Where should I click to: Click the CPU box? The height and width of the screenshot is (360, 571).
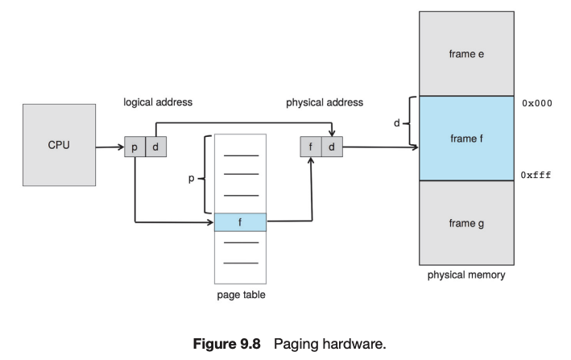[59, 146]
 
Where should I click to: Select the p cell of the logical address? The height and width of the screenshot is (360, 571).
[134, 148]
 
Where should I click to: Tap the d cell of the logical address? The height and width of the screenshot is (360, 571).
[155, 148]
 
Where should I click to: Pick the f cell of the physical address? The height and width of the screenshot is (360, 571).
[310, 147]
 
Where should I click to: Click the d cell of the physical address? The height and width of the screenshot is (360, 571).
[330, 147]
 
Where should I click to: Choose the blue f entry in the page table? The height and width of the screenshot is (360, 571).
[240, 221]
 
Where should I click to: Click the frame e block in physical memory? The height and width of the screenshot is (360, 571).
[466, 54]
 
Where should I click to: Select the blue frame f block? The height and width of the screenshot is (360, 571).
[466, 139]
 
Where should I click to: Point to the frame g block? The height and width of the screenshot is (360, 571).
[466, 223]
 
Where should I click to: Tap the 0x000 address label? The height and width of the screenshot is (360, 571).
[536, 103]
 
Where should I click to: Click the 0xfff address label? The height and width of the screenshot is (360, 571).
[536, 174]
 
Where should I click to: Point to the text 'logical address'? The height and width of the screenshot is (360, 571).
[158, 103]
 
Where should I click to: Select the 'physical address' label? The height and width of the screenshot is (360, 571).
[325, 103]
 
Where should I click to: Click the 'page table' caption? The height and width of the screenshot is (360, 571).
[241, 295]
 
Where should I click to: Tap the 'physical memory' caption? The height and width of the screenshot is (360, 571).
[466, 275]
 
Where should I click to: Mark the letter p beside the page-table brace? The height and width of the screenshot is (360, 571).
[191, 179]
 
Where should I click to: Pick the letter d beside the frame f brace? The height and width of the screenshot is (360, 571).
[396, 123]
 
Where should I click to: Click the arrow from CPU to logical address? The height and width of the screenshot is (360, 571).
[110, 148]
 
